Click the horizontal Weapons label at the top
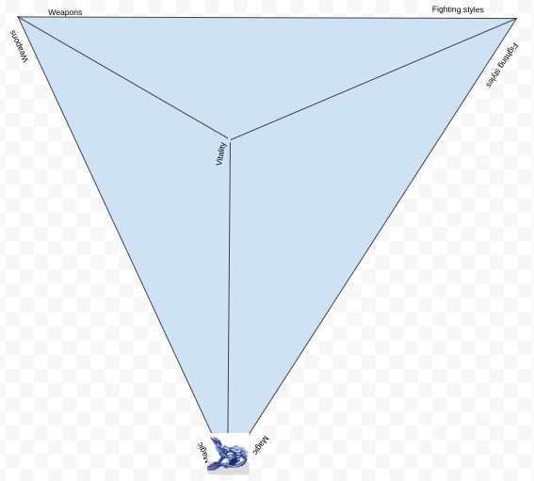click(65, 12)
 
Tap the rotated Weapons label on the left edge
click(19, 47)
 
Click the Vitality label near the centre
click(221, 153)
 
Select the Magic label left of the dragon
click(202, 453)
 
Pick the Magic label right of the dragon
click(261, 444)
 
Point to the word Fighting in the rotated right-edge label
click(508, 56)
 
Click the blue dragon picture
click(228, 454)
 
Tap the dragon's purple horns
click(215, 441)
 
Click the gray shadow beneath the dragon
click(229, 469)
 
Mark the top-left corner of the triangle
click(18, 16)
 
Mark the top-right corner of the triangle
click(517, 19)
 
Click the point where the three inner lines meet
click(230, 139)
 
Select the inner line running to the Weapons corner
click(124, 78)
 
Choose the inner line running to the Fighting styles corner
click(373, 79)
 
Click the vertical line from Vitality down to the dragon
click(229, 287)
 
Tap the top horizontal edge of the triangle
click(267, 17)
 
